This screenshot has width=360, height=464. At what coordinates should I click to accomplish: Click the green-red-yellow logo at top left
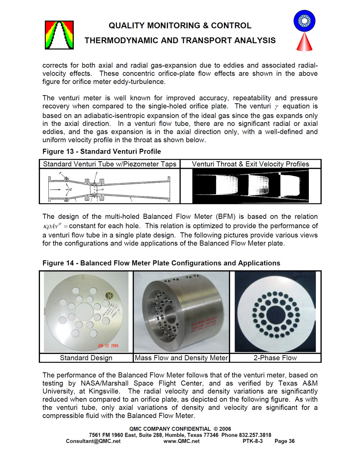59,35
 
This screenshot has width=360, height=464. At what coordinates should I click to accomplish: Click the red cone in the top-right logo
304,42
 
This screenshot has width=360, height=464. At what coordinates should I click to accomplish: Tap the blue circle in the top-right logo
304,21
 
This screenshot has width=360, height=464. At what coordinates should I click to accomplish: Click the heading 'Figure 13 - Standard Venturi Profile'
102,152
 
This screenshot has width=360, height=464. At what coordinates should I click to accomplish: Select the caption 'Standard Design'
86,358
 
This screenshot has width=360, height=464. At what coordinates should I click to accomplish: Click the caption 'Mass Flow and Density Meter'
181,358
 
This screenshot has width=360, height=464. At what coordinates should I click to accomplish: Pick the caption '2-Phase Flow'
275,358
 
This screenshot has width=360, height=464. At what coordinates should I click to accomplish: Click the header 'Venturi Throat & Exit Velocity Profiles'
250,164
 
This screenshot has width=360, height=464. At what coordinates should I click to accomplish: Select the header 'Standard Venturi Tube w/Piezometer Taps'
109,164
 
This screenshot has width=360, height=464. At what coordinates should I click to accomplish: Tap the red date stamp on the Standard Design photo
108,346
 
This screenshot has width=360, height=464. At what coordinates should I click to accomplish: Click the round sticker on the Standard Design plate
109,296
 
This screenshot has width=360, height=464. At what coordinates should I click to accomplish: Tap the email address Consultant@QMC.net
93,441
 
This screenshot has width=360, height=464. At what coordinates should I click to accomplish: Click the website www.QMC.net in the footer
181,441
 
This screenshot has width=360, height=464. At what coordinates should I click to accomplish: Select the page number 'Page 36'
284,441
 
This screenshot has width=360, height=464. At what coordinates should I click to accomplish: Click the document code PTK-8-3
252,441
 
